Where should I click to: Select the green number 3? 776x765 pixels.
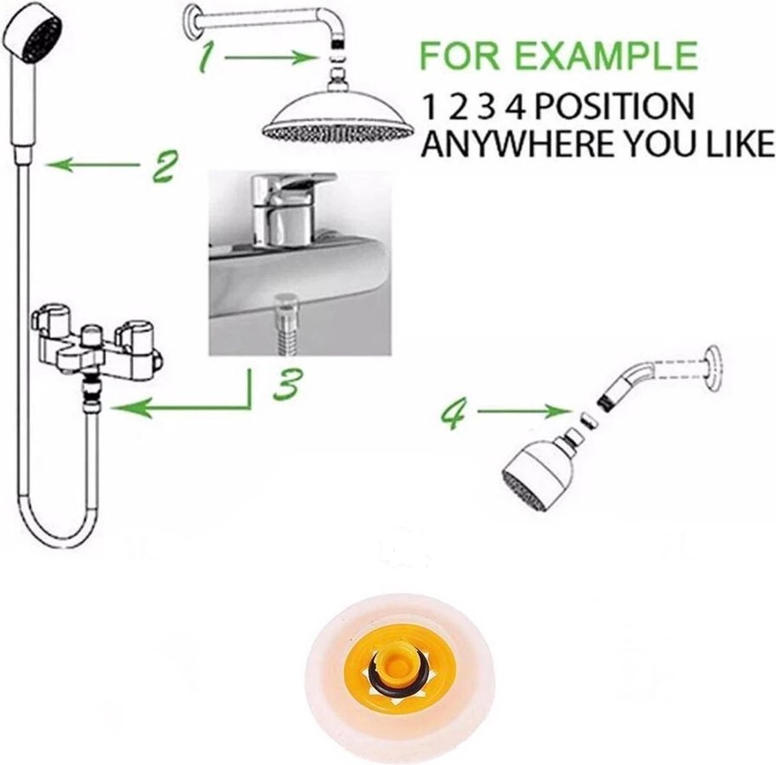point(285,383)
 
